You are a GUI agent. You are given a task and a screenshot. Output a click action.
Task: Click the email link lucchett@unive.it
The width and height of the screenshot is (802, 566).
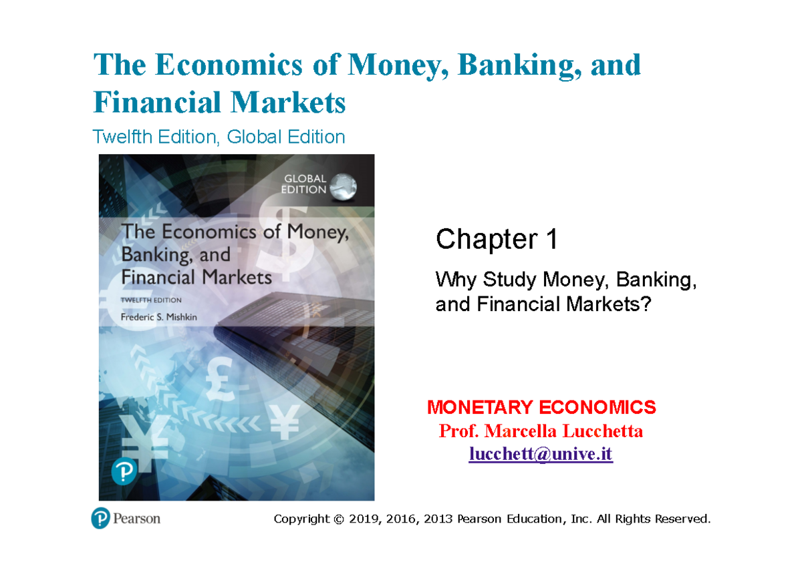[x=540, y=455]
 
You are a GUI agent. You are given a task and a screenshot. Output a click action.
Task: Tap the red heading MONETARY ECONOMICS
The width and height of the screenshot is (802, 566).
[x=541, y=406]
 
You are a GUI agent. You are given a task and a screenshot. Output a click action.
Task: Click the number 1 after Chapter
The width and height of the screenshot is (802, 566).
[x=551, y=240]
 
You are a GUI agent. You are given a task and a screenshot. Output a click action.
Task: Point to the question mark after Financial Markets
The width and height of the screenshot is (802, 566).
[x=646, y=304]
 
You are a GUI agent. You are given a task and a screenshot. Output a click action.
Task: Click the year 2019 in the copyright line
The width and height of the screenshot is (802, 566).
[x=363, y=519]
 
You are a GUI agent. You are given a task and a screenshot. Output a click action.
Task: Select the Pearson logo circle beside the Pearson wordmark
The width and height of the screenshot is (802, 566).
[x=100, y=518]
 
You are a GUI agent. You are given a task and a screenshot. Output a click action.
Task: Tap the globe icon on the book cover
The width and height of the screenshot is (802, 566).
[x=344, y=186]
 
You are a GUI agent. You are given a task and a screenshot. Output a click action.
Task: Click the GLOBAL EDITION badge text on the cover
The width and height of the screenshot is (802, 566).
[x=305, y=184]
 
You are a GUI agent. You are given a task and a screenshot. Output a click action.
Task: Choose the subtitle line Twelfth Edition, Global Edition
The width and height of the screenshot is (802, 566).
[x=219, y=137]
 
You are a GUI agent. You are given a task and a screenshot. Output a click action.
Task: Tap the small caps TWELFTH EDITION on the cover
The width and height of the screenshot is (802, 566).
[x=151, y=300]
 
